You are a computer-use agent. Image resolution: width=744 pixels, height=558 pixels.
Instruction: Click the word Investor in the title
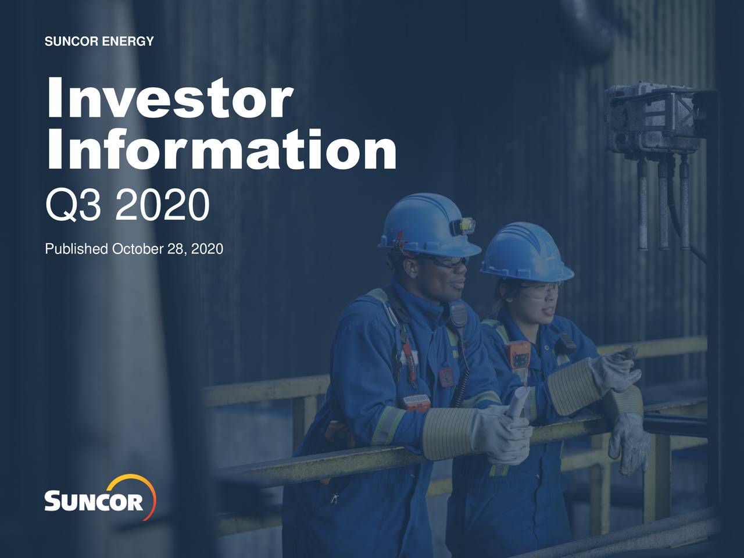pyautogui.click(x=169, y=99)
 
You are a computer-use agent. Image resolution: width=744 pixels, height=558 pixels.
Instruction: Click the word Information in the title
pyautogui.click(x=221, y=149)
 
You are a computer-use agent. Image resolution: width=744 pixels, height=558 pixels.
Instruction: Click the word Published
pyautogui.click(x=76, y=249)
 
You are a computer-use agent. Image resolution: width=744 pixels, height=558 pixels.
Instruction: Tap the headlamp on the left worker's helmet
pyautogui.click(x=463, y=225)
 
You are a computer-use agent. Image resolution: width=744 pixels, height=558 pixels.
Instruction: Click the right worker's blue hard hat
pyautogui.click(x=525, y=251)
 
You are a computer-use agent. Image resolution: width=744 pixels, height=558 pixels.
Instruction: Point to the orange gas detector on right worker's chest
pyautogui.click(x=519, y=355)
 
